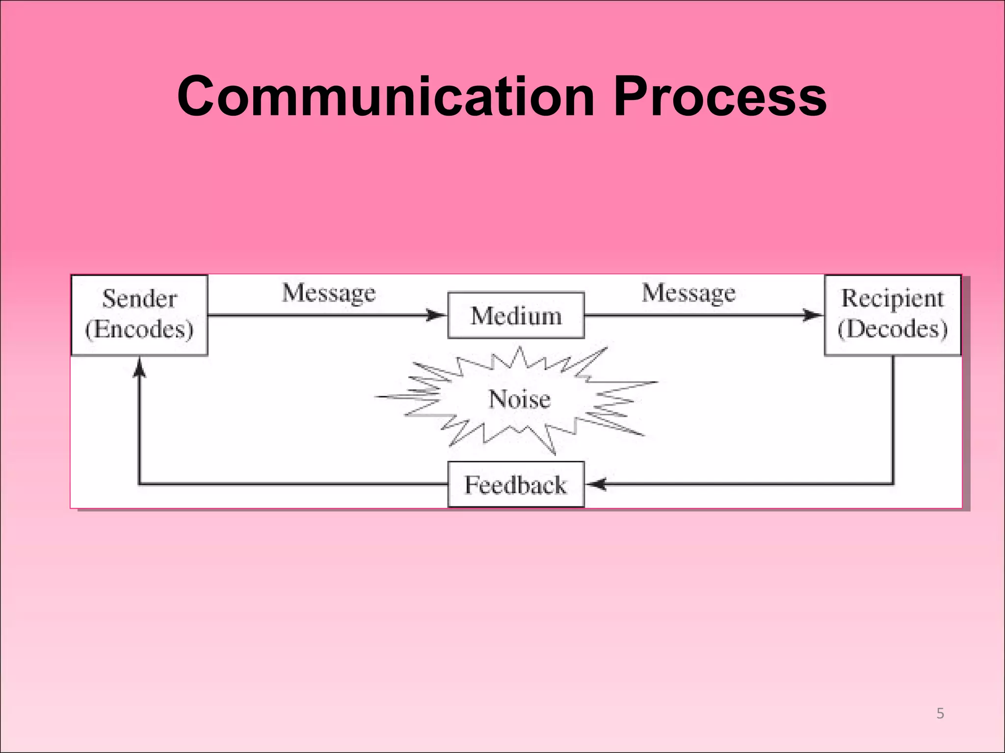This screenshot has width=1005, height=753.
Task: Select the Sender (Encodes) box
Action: click(x=139, y=315)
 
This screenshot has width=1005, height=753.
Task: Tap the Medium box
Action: click(x=516, y=316)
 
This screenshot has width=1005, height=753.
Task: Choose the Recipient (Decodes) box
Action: click(x=892, y=315)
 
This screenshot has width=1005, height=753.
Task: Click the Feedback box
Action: click(x=516, y=484)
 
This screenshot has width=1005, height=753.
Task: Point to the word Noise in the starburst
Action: click(x=519, y=399)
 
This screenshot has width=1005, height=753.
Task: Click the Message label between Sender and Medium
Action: click(x=328, y=294)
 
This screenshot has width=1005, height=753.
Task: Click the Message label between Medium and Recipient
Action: click(x=688, y=294)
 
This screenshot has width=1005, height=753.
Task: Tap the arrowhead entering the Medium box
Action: click(x=436, y=315)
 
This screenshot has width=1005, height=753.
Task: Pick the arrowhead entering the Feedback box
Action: click(x=596, y=484)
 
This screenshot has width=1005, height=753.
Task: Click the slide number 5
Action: click(x=940, y=713)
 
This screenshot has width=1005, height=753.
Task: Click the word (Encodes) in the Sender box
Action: click(x=139, y=329)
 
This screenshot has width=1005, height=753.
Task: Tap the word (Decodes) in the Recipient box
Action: click(x=892, y=329)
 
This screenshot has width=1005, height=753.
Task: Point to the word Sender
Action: click(x=139, y=299)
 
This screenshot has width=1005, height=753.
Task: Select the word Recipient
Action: click(x=892, y=298)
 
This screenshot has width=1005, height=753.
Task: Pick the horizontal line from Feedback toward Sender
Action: click(x=294, y=484)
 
